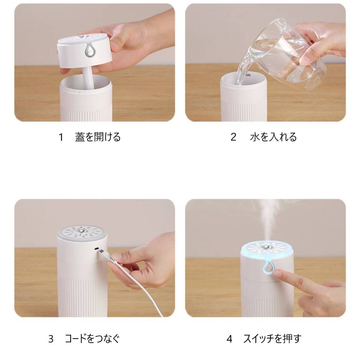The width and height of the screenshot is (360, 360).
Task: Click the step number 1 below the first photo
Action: [61, 137]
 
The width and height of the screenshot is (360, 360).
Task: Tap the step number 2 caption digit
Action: [233, 137]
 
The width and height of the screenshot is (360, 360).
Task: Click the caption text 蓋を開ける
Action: [98, 137]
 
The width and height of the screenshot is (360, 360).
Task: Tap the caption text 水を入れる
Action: [273, 137]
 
